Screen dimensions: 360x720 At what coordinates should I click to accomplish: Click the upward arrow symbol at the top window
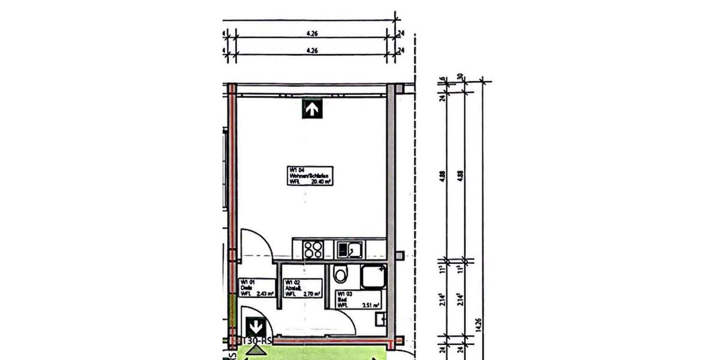[312, 109]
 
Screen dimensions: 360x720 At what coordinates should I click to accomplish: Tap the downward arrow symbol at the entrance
[256, 328]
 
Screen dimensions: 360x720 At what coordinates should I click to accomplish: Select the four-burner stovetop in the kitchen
[313, 249]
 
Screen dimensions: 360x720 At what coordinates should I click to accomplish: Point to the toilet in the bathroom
[341, 274]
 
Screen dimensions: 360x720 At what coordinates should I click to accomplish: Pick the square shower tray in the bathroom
[374, 277]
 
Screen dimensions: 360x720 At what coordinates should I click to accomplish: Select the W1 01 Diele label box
[257, 287]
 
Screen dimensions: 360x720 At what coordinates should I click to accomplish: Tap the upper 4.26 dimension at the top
[311, 34]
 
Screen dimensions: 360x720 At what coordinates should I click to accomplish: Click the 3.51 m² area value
[371, 305]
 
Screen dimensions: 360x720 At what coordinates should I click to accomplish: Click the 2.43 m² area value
[265, 293]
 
